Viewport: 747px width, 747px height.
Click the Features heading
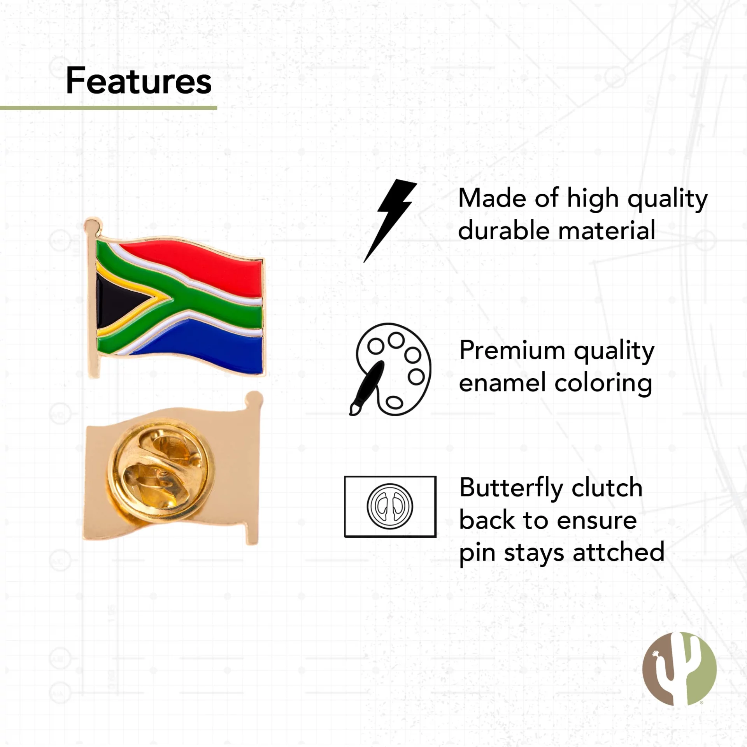coord(139,81)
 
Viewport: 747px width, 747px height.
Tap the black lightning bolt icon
coord(390,221)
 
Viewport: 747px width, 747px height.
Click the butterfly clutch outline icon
coord(390,507)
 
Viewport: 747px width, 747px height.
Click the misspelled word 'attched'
coord(619,552)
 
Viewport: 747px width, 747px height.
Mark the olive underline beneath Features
coord(109,107)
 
